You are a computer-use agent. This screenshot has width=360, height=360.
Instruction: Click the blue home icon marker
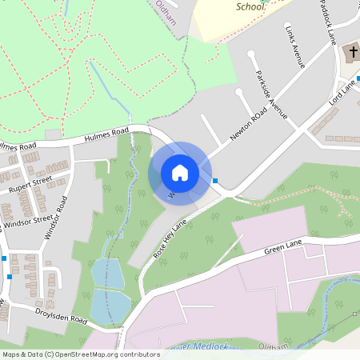180,173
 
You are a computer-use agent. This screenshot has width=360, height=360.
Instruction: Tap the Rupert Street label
30,185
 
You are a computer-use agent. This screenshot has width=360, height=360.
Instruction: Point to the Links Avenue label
295,49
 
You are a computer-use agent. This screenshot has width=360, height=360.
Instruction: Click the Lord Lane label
342,93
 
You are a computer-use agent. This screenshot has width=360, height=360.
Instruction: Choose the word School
250,6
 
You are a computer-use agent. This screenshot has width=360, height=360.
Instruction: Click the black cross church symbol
351,53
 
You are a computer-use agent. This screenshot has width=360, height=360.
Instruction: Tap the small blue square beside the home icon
215,181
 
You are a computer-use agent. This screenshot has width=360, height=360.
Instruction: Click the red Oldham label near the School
166,5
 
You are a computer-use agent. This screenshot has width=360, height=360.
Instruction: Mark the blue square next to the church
358,78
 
